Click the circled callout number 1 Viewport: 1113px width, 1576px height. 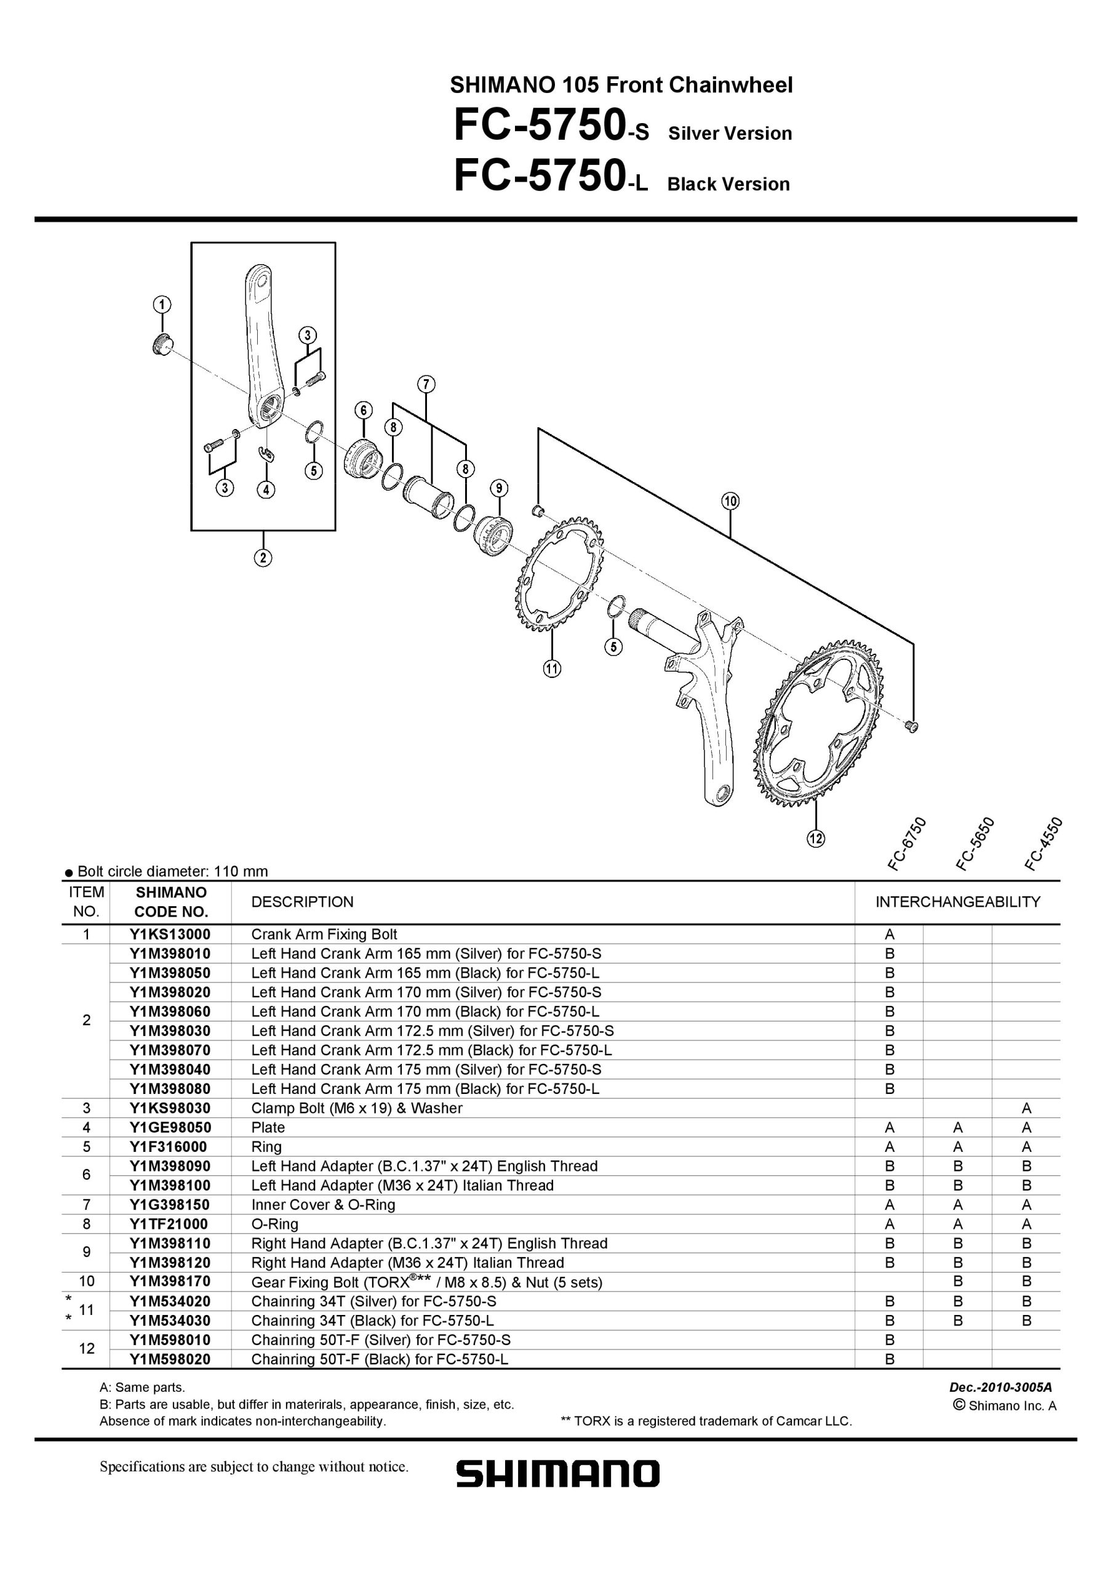(162, 304)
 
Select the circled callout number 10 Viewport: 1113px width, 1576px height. (730, 501)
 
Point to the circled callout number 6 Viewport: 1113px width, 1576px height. (363, 410)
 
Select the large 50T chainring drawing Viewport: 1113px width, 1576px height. (820, 725)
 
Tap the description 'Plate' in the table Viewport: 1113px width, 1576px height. (268, 1127)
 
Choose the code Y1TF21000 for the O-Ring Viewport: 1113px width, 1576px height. (169, 1223)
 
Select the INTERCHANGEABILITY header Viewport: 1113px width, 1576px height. (958, 901)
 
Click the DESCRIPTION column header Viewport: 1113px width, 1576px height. (303, 901)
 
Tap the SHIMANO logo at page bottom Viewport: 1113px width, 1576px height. (558, 1473)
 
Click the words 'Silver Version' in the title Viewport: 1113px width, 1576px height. (730, 133)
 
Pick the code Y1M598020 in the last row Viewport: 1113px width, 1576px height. (170, 1359)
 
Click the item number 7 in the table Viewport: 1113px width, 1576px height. (87, 1204)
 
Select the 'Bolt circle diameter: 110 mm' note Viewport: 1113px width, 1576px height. (166, 871)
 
